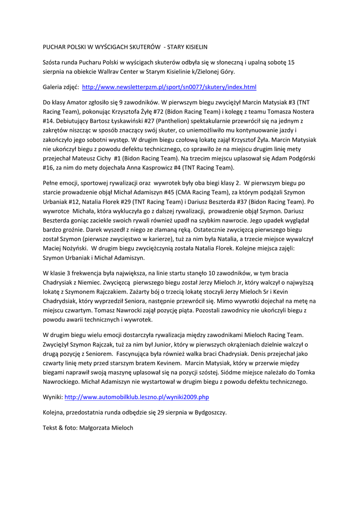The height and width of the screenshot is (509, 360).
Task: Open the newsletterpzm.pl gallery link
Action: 169,87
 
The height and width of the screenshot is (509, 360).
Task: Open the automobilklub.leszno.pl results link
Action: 137,398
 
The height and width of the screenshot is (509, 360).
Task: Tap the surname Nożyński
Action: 74,248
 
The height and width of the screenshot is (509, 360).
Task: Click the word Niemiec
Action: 97,282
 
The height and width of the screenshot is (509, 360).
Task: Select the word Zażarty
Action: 155,292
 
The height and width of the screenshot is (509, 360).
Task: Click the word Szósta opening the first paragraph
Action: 53,62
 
